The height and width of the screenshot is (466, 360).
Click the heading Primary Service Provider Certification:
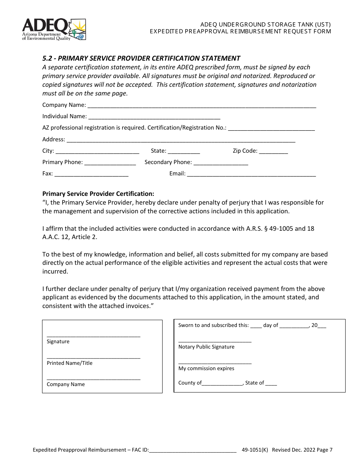tap(98, 194)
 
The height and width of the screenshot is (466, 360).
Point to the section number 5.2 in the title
tap(47, 58)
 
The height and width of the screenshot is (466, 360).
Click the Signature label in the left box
tap(58, 341)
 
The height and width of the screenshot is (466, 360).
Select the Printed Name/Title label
tap(69, 363)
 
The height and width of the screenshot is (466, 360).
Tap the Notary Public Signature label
tap(206, 347)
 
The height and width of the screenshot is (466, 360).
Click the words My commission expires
tap(206, 368)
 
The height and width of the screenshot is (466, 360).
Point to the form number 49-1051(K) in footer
tap(255, 450)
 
